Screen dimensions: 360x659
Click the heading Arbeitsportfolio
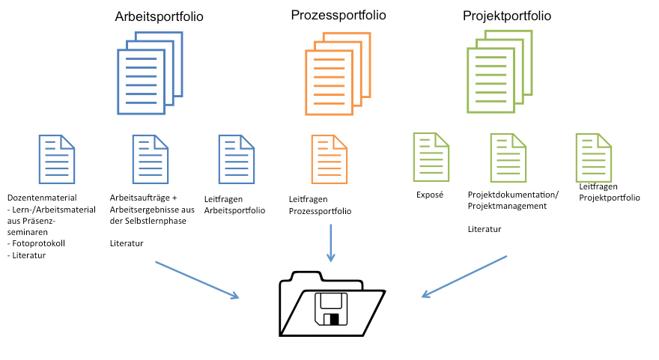point(160,16)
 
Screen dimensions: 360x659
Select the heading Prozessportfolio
point(338,15)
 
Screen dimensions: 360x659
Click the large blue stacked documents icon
point(150,73)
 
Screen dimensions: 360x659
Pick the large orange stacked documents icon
point(337,73)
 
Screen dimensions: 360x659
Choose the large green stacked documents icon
point(499,70)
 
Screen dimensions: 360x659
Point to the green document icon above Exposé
point(431,156)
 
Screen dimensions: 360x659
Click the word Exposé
point(430,195)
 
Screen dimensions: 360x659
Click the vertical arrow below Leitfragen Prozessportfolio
point(329,242)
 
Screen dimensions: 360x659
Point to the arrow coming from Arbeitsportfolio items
point(197,280)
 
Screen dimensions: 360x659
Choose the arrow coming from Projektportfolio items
point(464,276)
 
